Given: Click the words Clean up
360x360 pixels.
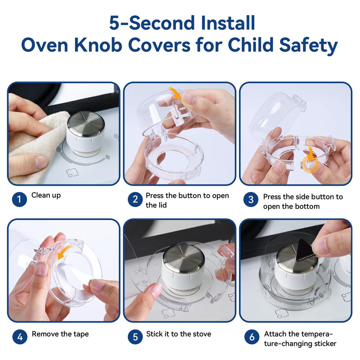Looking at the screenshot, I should point(46,196).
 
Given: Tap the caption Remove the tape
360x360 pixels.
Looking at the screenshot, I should point(60,334).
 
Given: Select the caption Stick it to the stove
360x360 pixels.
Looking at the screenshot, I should point(178,334).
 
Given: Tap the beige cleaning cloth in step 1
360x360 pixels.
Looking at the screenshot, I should point(31,148).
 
